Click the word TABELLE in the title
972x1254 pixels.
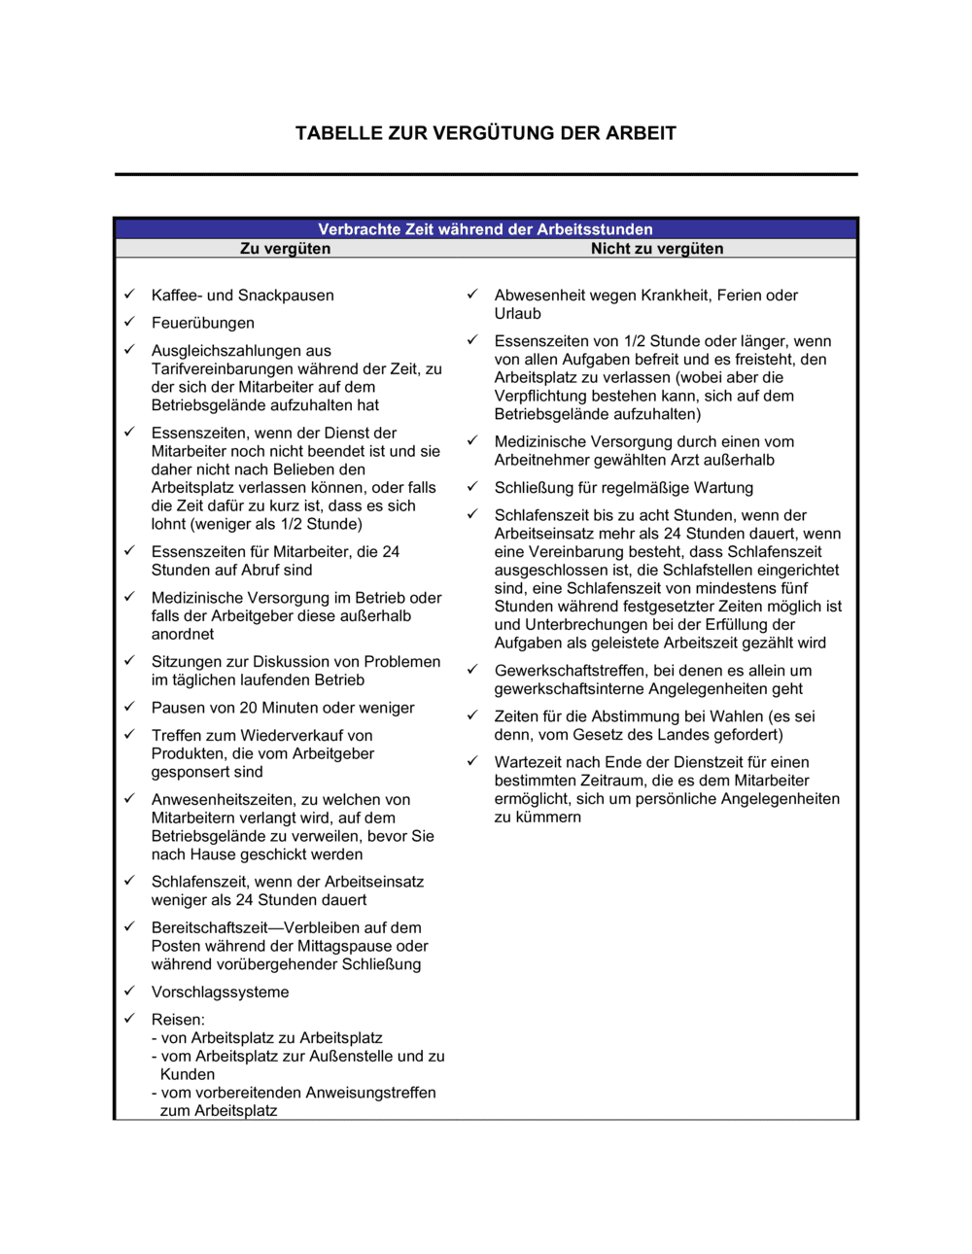pos(338,133)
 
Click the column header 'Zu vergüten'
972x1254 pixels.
pos(285,249)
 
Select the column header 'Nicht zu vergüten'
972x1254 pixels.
pos(657,249)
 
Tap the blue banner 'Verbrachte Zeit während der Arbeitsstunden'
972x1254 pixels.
pos(485,229)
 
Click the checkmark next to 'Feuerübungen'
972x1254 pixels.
pos(129,322)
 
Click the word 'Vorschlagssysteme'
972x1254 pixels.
pos(220,993)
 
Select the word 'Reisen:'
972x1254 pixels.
pos(178,1020)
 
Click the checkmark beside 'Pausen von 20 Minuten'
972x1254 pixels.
pos(129,707)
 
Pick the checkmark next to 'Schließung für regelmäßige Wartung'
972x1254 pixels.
pos(472,487)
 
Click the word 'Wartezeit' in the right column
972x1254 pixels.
pos(528,763)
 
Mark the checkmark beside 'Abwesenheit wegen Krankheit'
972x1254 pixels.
pos(472,295)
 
